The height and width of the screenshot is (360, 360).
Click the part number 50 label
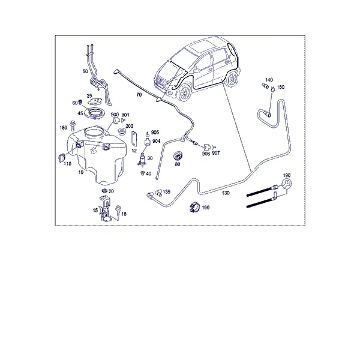pyautogui.click(x=85, y=71)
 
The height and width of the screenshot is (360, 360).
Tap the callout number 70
pyautogui.click(x=139, y=95)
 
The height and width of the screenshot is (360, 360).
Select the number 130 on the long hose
pyautogui.click(x=226, y=193)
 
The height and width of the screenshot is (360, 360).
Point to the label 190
pyautogui.click(x=287, y=175)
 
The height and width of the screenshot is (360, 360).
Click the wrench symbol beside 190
pyautogui.click(x=286, y=184)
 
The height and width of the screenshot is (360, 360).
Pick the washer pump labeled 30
pyautogui.click(x=142, y=160)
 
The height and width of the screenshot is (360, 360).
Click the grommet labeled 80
pyautogui.click(x=178, y=156)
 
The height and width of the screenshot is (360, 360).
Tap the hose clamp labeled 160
pyautogui.click(x=194, y=208)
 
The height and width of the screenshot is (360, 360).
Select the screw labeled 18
pyautogui.click(x=118, y=211)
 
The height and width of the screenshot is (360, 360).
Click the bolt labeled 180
pyautogui.click(x=73, y=125)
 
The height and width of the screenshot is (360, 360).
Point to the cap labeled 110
pyautogui.click(x=62, y=158)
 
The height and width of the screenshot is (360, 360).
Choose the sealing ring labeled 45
pyautogui.click(x=95, y=113)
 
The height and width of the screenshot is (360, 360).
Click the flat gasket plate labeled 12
pyautogui.click(x=134, y=139)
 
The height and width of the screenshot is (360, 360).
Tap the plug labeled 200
pyautogui.click(x=121, y=132)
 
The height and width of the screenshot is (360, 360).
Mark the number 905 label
pyautogui.click(x=155, y=133)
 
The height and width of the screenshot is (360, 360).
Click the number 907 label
pyautogui.click(x=216, y=153)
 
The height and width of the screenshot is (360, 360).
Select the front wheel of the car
pyautogui.click(x=184, y=93)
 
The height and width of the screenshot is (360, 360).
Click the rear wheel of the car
pyautogui.click(x=232, y=78)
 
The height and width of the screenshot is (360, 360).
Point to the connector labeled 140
pyautogui.click(x=265, y=86)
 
